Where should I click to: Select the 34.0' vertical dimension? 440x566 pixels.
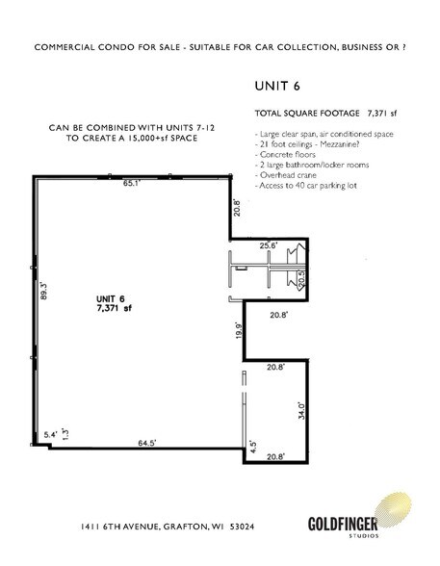click(x=300, y=412)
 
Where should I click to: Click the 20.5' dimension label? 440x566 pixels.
click(x=300, y=279)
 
